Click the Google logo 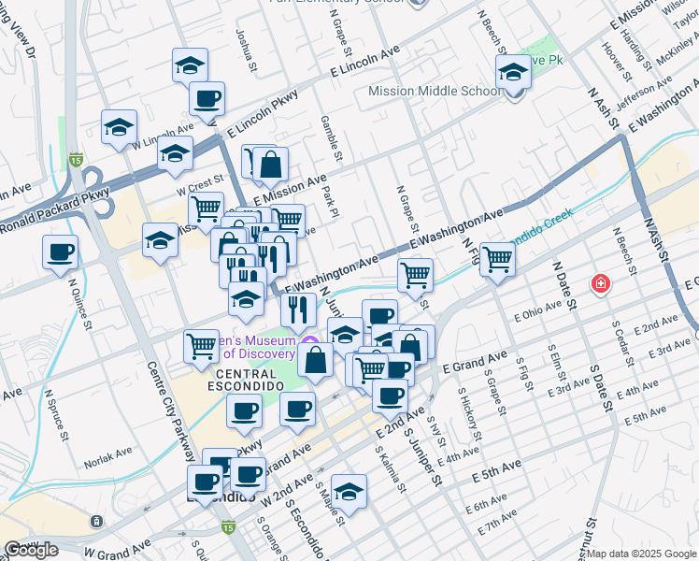click(32, 549)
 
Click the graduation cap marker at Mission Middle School click(513, 71)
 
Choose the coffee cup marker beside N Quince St click(60, 252)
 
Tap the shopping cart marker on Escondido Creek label click(498, 257)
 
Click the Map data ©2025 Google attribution click(641, 554)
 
